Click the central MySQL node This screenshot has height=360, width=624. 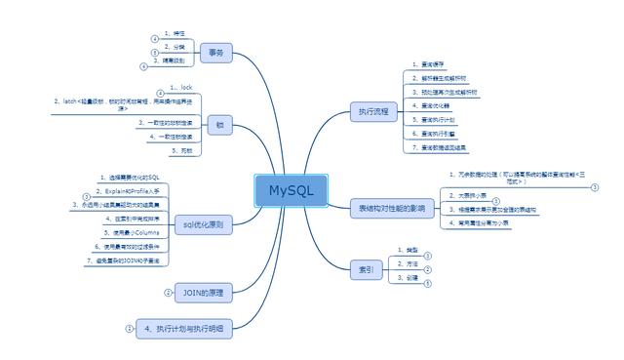292,191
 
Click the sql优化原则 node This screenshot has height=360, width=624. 204,225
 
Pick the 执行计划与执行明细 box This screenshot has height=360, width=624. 184,328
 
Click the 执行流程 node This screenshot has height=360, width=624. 371,113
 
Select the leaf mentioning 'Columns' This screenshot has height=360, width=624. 137,233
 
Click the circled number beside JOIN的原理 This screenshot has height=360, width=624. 168,293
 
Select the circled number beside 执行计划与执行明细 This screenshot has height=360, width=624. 130,328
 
